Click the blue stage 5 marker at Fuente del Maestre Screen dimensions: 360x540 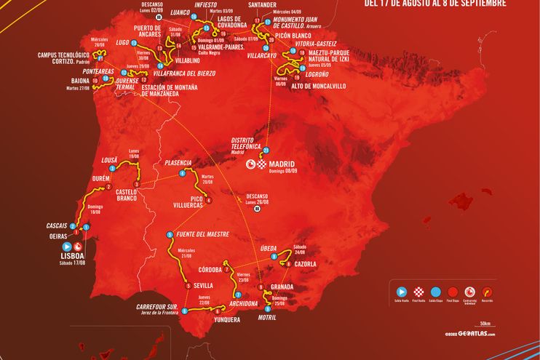click(169, 235)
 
